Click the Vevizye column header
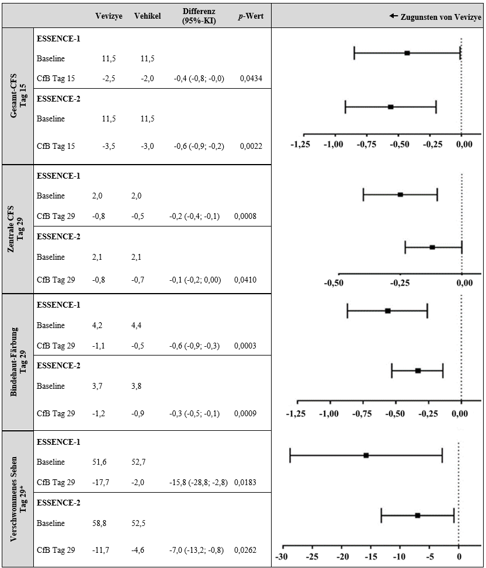tap(109, 16)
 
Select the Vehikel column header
tap(147, 16)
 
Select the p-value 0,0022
tap(250, 146)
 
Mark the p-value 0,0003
tap(246, 346)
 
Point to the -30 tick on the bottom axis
tap(283, 555)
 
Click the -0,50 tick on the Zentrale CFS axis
tap(333, 283)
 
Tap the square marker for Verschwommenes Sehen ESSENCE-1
tap(366, 455)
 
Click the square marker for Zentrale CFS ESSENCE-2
tap(432, 248)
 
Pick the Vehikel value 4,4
tap(137, 325)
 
